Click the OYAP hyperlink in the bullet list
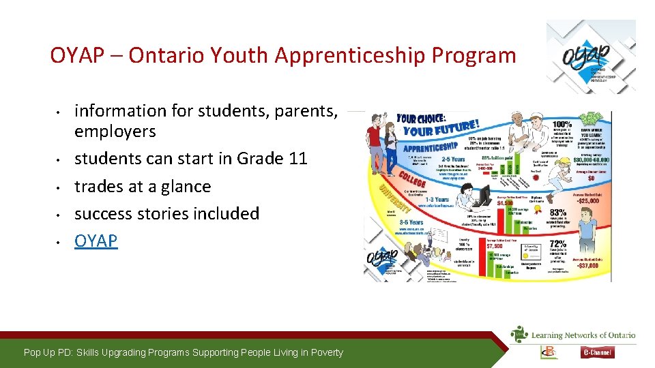(x=96, y=241)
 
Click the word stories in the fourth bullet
(x=170, y=214)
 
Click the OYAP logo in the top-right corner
(x=591, y=59)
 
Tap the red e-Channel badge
(x=598, y=352)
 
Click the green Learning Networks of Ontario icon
(x=519, y=334)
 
